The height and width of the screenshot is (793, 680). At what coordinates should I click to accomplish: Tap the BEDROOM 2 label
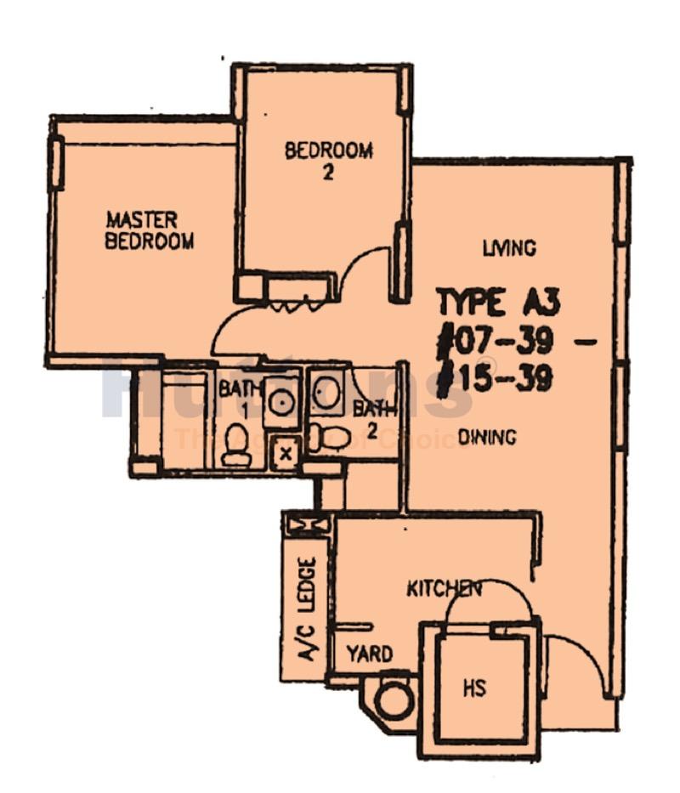click(x=328, y=161)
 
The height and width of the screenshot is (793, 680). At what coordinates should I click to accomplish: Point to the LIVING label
click(x=509, y=248)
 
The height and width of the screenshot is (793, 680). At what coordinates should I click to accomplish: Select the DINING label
click(x=487, y=438)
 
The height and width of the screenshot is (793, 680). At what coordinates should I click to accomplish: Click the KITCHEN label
click(x=444, y=588)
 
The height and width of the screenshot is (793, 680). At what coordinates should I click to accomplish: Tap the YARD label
click(x=370, y=654)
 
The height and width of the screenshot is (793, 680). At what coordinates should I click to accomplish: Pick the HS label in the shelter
click(x=474, y=687)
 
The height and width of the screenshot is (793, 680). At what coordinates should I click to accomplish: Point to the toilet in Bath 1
click(x=236, y=446)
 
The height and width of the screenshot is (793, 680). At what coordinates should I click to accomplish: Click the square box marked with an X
click(x=286, y=453)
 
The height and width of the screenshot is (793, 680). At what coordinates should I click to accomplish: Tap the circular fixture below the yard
click(x=393, y=700)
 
